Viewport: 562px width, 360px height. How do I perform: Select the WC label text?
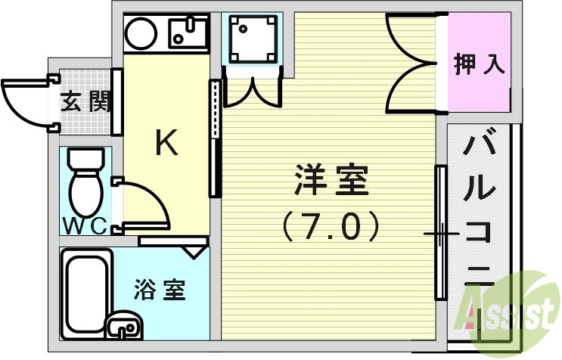82,225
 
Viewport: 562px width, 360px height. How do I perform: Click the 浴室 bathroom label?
159,290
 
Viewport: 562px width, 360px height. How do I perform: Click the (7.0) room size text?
330,225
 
